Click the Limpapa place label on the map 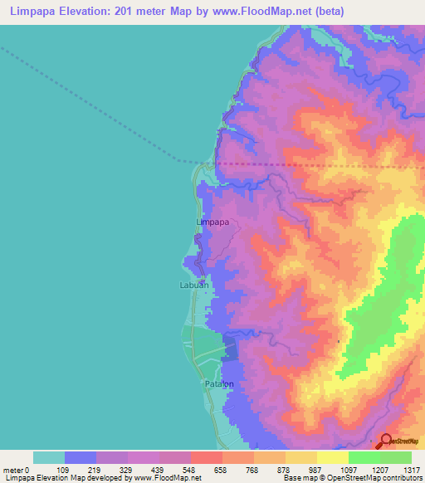coord(212,222)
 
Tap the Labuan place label coord(193,285)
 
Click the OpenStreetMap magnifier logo coord(386,441)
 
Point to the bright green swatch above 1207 coord(364,457)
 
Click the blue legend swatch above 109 coord(81,457)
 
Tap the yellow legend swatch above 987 coord(301,457)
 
